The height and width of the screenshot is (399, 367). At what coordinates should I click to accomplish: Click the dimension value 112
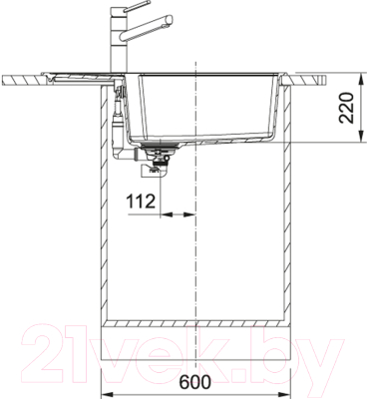(x=141, y=202)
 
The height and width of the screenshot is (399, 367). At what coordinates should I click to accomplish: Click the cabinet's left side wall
(x=108, y=219)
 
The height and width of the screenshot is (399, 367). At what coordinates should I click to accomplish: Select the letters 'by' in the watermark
(x=299, y=351)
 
